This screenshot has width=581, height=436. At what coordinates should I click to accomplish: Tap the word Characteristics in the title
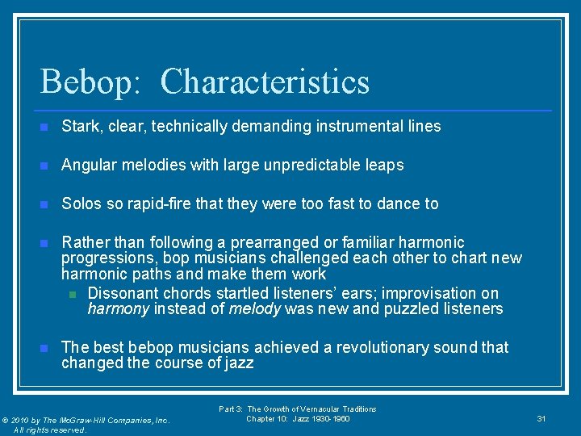(x=265, y=82)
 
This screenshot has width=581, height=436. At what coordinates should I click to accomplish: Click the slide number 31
(x=541, y=418)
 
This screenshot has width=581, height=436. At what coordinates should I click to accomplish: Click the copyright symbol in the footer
(x=5, y=421)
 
